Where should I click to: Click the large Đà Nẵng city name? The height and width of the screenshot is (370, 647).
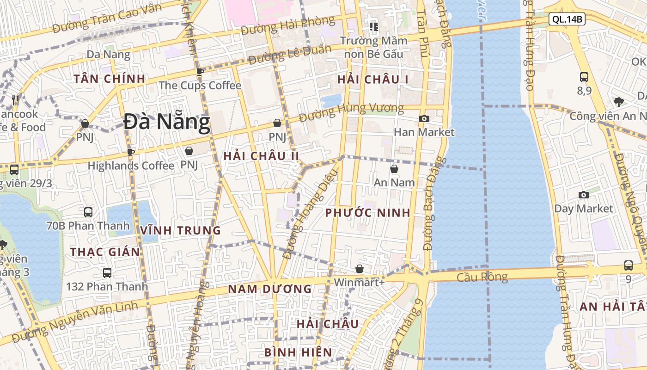pos(167,122)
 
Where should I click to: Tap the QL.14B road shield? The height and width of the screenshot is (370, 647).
pos(567,19)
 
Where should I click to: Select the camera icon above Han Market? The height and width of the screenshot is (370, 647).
pos(424,118)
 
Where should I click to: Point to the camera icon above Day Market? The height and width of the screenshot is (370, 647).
pos(584,195)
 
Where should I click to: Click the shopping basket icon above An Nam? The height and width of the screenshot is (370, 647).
pos(394,169)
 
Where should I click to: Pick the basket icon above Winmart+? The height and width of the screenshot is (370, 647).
pos(360,269)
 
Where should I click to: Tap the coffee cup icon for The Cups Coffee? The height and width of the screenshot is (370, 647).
pos(200,72)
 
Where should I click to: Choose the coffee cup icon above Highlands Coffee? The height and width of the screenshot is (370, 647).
pos(131,152)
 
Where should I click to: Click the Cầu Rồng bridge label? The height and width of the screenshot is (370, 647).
pos(482,277)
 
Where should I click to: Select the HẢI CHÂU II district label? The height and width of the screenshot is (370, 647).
pos(261,156)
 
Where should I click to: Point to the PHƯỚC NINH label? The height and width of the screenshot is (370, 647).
pos(367,213)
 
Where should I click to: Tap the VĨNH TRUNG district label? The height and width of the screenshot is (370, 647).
pos(181,230)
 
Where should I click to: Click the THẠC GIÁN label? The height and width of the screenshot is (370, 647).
pos(105,252)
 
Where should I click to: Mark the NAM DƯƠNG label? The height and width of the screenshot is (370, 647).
pos(270,289)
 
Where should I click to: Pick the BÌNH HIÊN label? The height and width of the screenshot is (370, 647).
pos(298,352)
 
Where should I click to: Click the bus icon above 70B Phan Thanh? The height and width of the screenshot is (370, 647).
pos(88,212)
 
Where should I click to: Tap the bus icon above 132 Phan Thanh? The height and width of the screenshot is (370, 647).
pos(107,273)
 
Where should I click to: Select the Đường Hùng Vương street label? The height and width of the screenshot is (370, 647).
pos(351,112)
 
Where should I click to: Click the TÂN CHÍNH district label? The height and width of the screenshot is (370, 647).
pos(110,79)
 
